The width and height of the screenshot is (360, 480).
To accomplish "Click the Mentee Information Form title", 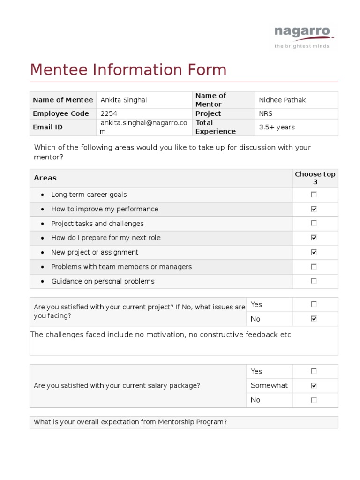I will (128, 70).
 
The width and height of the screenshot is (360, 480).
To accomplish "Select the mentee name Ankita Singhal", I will (124, 100).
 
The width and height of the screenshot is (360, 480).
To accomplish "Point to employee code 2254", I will (109, 113).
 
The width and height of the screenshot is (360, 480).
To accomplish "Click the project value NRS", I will (265, 113).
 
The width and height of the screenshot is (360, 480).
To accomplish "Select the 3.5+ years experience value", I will (277, 127).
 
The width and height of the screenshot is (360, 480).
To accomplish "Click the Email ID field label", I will (47, 127).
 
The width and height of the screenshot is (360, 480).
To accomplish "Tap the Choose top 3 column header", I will (315, 178).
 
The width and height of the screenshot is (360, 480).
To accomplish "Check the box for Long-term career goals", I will (314, 195).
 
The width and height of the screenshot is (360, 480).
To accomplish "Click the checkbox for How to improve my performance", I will (314, 209).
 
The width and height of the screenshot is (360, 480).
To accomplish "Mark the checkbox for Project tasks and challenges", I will (314, 224).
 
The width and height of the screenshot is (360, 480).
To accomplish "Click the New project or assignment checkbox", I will (314, 252).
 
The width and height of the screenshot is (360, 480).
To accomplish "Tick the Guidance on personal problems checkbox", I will (314, 281).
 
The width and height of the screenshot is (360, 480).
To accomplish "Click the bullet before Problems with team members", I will (43, 267).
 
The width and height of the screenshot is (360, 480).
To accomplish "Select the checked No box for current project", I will (314, 319).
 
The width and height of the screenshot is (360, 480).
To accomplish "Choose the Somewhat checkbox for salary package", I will (314, 386).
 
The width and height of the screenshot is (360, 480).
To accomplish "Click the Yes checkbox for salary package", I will (314, 371).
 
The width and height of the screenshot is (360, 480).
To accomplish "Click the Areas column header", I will (45, 178).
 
